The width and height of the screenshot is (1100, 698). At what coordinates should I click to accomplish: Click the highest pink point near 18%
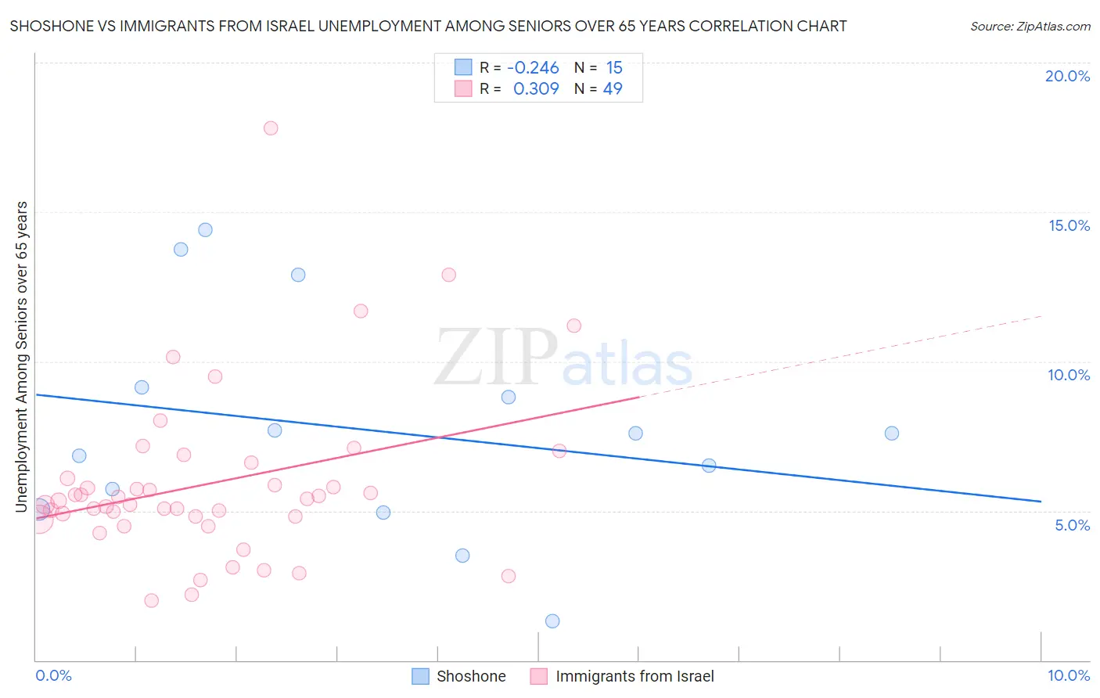tap(271, 128)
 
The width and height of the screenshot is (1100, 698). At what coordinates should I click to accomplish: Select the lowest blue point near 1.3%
tap(552, 621)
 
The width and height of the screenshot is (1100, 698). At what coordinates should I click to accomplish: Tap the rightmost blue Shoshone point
tap(892, 434)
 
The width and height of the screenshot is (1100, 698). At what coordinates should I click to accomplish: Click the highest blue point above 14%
tap(205, 230)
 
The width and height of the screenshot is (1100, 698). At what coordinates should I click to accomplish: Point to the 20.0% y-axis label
tap(1067, 76)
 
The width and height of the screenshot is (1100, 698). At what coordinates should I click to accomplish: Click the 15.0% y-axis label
tap(1069, 225)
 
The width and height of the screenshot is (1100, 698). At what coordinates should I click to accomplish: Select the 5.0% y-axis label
tap(1072, 525)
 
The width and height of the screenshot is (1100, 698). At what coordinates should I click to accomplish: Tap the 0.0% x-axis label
tap(53, 675)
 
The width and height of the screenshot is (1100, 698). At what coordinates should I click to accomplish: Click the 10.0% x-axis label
tap(1068, 675)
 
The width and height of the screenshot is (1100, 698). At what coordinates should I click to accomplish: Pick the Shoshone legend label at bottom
tap(471, 676)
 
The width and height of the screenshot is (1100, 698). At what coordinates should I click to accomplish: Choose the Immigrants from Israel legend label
tap(634, 676)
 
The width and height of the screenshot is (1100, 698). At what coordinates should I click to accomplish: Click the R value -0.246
tap(533, 68)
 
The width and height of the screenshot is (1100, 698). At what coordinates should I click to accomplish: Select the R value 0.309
tap(536, 89)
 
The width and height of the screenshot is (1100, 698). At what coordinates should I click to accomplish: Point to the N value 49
tap(613, 89)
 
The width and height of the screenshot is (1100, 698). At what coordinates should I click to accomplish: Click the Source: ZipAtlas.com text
tap(1030, 27)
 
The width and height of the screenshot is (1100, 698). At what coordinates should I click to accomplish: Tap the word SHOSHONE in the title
tap(46, 27)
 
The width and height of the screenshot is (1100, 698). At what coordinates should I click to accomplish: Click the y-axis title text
tap(22, 357)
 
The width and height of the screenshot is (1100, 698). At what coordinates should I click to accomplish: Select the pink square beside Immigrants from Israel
tap(538, 676)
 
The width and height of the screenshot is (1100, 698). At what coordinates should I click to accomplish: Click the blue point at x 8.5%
tap(892, 434)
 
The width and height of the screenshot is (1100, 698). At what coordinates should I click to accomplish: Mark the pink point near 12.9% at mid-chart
tap(448, 275)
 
